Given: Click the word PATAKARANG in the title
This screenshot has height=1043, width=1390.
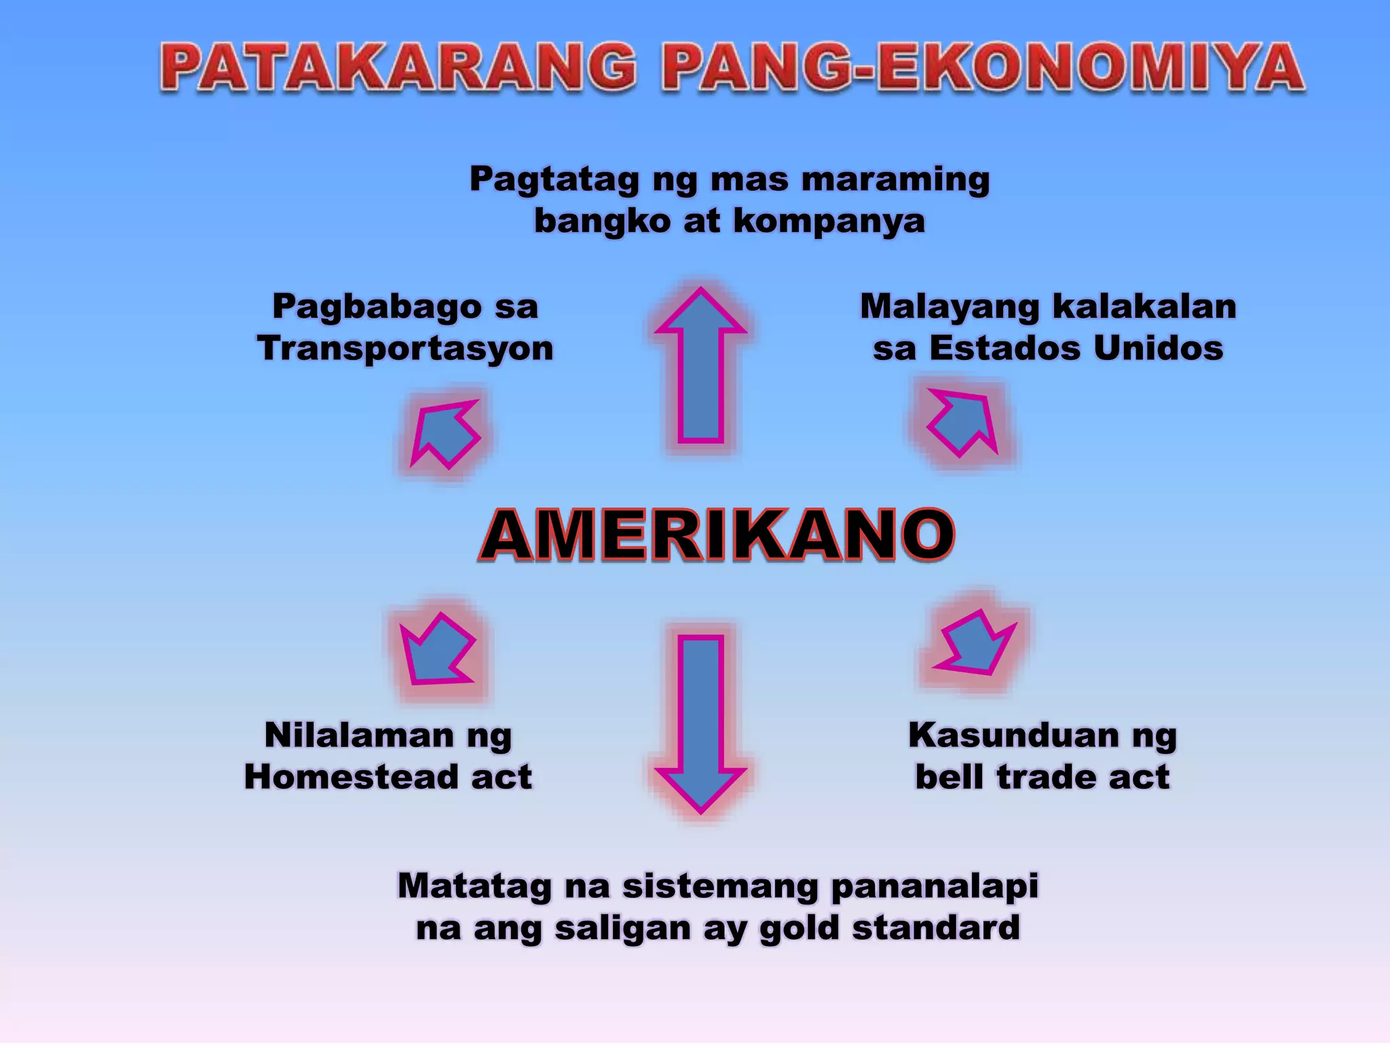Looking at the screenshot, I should click(x=398, y=68).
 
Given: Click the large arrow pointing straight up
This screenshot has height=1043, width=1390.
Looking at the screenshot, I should click(x=700, y=367).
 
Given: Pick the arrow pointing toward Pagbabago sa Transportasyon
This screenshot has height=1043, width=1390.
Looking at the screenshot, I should click(x=445, y=433).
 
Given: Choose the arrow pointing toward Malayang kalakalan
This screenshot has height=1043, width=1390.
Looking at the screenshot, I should click(x=963, y=422).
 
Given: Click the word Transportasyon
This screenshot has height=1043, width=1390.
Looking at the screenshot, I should click(x=405, y=349).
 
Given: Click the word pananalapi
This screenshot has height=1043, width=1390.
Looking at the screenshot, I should click(x=934, y=886).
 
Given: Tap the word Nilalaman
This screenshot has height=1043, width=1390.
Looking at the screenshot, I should click(x=359, y=735).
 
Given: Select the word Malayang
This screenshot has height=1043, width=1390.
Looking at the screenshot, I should click(x=949, y=307).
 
